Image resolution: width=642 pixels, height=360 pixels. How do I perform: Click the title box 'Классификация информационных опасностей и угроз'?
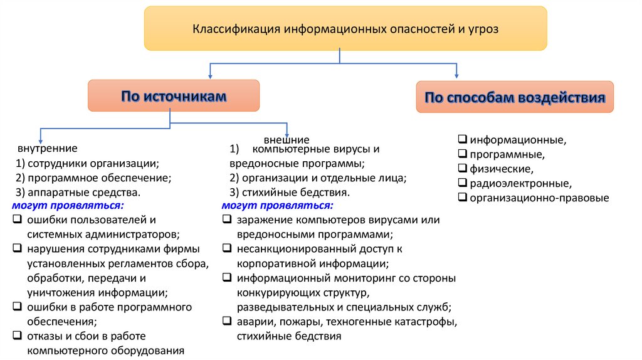coord(345,29)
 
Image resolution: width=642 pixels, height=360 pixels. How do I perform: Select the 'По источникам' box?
coord(174,96)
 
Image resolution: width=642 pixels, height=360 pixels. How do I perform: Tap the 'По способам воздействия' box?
coord(515,97)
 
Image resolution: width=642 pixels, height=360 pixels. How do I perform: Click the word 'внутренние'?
coord(48,149)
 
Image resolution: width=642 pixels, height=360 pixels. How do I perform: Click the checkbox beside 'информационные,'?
coord(463,139)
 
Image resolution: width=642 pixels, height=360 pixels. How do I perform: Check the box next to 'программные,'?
coord(463,154)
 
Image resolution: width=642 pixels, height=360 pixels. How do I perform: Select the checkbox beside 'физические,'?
coord(463,169)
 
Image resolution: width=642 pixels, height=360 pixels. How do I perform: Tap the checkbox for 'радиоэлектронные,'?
coord(463,184)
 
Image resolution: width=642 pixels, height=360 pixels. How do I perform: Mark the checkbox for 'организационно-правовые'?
coord(463,198)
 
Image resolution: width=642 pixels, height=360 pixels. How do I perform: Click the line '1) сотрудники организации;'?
coord(88,164)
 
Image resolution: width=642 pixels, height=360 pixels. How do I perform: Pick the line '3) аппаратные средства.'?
coord(78,193)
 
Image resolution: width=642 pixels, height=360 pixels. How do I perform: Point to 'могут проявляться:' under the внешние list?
coord(277,206)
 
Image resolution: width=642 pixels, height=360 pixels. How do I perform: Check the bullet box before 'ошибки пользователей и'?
coord(16,220)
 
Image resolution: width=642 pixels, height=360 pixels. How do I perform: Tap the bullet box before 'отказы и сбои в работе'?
coord(16,336)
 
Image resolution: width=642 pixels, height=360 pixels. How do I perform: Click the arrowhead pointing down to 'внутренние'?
coord(41,139)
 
